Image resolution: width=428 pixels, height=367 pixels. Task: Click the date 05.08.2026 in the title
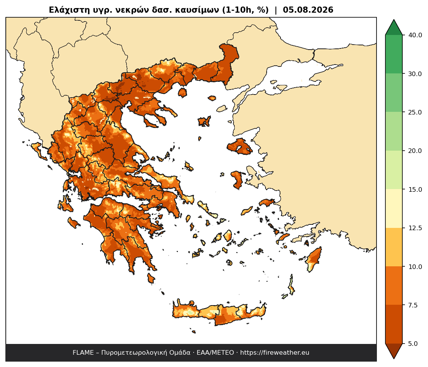point(308,10)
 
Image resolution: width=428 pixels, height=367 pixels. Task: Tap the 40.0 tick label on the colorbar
point(415,35)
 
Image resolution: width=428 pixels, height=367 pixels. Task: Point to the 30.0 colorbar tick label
point(415,74)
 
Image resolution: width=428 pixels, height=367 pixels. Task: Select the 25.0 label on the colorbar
point(415,112)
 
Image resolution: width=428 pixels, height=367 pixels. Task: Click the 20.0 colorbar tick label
point(415,151)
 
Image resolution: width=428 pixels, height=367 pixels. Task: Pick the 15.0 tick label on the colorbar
point(415,189)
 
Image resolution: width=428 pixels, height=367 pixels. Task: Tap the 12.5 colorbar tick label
point(415,228)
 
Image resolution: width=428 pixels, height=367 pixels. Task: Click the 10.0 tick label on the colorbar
point(415,267)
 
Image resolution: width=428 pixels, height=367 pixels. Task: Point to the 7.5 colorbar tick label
point(413,305)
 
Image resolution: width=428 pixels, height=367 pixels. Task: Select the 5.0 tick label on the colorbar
point(413,344)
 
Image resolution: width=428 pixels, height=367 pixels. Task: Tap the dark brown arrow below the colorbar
point(394,350)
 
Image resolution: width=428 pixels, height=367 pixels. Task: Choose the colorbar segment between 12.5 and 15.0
point(394,209)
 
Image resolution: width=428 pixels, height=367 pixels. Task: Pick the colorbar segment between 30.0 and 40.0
point(394,54)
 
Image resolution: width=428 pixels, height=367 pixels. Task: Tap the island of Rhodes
point(314,259)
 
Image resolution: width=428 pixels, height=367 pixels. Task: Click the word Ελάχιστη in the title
point(66,10)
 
